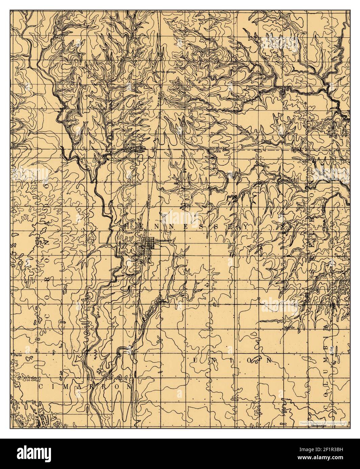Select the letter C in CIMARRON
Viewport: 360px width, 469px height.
(x=41, y=387)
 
